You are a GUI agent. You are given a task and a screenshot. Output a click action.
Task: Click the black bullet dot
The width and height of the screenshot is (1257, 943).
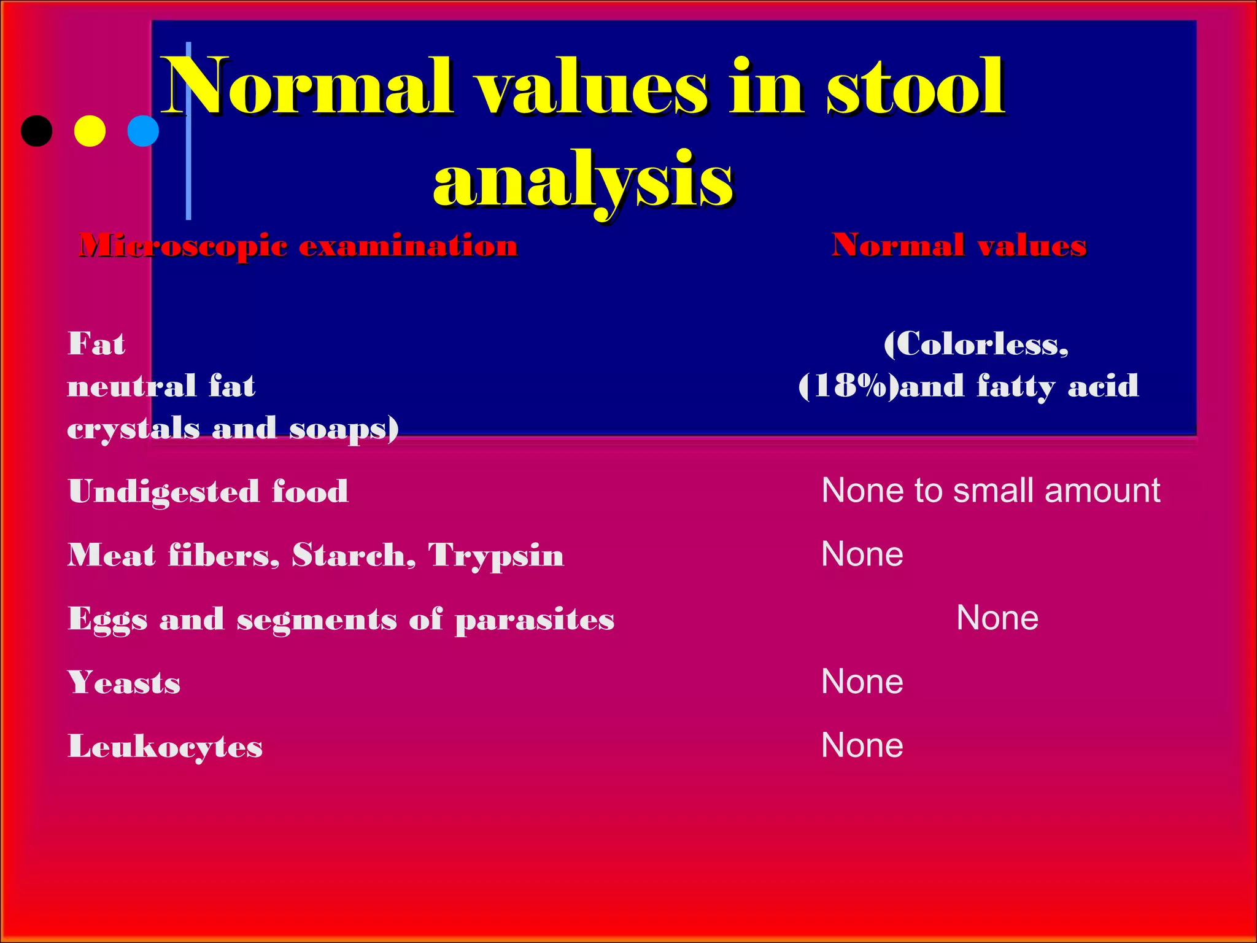coord(37,131)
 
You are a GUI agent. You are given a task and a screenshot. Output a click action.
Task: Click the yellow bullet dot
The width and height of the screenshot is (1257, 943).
coord(90,131)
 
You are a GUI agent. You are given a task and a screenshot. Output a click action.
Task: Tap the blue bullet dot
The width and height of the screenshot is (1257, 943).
coord(143,131)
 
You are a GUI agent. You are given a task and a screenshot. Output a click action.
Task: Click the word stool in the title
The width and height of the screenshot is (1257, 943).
coord(916,87)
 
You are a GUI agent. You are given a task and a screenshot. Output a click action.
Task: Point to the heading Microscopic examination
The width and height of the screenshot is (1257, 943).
coord(298,246)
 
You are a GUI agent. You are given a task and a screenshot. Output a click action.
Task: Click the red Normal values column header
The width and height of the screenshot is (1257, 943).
coord(959,246)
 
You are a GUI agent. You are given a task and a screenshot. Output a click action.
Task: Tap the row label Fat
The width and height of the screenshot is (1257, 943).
coord(96,344)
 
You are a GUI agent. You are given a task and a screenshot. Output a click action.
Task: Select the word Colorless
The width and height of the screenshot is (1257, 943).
coord(976,344)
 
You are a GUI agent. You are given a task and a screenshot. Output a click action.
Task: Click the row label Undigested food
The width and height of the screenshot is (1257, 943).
coord(208,492)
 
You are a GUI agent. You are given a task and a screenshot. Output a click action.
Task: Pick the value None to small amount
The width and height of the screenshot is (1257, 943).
coord(990,491)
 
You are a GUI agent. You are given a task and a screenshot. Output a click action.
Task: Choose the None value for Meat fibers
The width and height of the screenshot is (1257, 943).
coord(862,554)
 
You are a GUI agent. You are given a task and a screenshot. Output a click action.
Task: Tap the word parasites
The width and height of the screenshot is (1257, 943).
coord(535,620)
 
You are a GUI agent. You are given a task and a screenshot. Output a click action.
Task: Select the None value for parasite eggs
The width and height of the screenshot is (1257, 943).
coord(997,618)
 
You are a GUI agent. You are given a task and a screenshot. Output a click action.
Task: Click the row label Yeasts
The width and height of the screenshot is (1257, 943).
coord(124,683)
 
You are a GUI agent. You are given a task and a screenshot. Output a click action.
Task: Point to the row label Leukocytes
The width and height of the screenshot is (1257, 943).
coord(165,747)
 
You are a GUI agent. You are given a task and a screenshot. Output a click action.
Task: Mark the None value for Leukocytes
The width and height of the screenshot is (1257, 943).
coord(862,746)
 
